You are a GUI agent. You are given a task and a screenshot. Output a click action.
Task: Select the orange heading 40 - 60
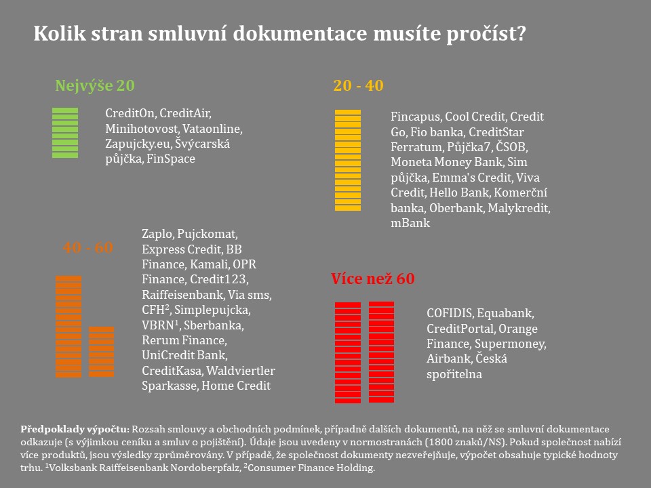pyautogui.click(x=88, y=247)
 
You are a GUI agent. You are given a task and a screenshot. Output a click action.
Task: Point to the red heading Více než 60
pyautogui.click(x=372, y=279)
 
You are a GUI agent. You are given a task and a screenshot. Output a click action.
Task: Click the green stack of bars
pyautogui.click(x=65, y=133)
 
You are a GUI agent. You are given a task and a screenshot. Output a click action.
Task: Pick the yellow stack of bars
pyautogui.click(x=348, y=160)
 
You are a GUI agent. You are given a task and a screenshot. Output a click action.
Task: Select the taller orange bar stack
pyautogui.click(x=68, y=326)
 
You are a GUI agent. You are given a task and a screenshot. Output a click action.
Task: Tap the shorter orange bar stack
pyautogui.click(x=102, y=352)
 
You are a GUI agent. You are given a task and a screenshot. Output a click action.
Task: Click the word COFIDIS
pyautogui.click(x=450, y=314)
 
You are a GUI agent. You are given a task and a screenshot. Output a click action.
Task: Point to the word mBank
pyautogui.click(x=410, y=222)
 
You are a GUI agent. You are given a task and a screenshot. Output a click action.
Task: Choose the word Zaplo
pyautogui.click(x=157, y=234)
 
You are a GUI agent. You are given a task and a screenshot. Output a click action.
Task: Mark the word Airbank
pyautogui.click(x=448, y=359)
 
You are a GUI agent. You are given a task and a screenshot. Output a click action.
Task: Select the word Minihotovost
pyautogui.click(x=138, y=128)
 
